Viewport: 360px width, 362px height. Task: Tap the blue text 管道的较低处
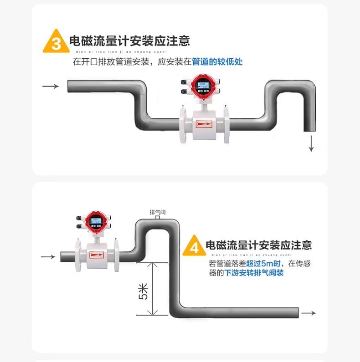[217, 61]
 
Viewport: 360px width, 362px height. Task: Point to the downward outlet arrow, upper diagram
[312, 144]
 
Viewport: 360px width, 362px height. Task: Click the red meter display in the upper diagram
[201, 86]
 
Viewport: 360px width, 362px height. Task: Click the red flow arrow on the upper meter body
[203, 123]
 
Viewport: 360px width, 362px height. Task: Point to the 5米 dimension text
[143, 291]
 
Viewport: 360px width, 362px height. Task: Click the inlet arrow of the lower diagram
[48, 257]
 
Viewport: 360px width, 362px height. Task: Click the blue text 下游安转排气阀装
[254, 273]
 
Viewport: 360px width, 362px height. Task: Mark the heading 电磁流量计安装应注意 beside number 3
[129, 41]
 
